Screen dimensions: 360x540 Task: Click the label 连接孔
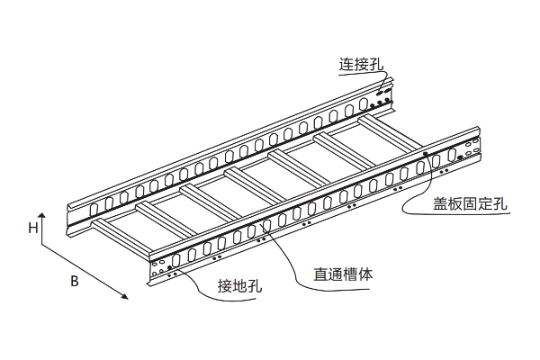361,65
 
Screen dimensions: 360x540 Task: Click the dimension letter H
32,228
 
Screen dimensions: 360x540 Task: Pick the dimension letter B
76,281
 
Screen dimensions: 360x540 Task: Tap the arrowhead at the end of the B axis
126,301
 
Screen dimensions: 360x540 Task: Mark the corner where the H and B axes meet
44,242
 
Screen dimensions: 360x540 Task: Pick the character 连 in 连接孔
346,65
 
